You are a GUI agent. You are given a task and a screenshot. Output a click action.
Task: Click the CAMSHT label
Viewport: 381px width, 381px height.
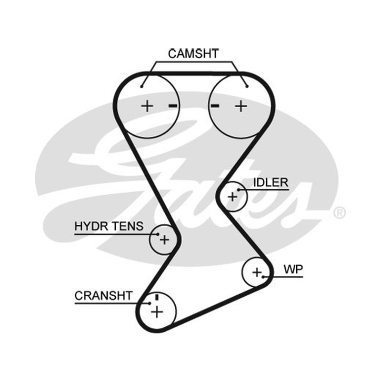[193, 54]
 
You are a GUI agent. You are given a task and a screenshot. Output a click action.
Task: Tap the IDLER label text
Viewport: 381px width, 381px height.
[271, 182]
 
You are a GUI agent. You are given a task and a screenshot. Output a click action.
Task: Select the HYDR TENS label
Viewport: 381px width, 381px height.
[109, 226]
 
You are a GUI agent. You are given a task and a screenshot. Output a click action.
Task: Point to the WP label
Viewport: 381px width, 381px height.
[293, 270]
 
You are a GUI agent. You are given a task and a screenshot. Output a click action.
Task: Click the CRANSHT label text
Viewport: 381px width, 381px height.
[103, 296]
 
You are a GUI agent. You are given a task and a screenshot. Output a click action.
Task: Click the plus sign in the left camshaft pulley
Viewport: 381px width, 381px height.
[147, 106]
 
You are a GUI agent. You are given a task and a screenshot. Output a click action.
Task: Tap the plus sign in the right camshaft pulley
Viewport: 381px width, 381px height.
[241, 106]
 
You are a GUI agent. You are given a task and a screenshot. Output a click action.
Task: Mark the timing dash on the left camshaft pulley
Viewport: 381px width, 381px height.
[173, 106]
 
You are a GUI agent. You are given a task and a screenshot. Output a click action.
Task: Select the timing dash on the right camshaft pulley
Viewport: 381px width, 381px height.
[215, 106]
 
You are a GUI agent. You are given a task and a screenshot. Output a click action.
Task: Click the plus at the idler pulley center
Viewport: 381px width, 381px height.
[232, 197]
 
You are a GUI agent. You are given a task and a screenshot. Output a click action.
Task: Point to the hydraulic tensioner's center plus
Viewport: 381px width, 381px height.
[164, 240]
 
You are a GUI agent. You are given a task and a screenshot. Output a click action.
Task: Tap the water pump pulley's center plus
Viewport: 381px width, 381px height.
[257, 272]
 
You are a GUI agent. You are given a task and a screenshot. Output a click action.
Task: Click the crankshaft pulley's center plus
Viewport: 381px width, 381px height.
[157, 312]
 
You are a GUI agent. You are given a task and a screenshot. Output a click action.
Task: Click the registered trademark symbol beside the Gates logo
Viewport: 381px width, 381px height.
[339, 212]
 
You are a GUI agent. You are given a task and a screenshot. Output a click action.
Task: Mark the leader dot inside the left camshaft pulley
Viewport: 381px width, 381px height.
[141, 87]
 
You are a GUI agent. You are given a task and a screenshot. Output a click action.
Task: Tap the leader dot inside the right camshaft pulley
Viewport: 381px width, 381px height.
[247, 87]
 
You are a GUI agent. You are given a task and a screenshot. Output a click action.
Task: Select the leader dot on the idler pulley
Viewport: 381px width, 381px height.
[239, 190]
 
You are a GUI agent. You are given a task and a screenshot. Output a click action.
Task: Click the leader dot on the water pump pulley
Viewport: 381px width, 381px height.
[263, 277]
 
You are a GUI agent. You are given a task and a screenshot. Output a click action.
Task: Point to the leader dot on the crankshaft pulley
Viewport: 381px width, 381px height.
[150, 303]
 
